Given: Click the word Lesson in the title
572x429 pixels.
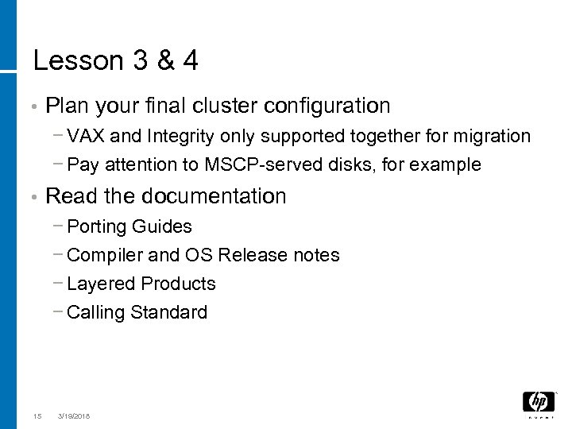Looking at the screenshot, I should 77,62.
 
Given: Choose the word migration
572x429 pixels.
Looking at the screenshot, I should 493,136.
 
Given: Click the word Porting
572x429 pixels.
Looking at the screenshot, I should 97,226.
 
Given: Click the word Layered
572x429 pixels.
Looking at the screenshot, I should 101,284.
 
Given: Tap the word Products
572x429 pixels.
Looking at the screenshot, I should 179,284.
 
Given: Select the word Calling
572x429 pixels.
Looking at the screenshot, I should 97,312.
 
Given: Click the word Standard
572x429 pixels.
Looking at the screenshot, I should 169,312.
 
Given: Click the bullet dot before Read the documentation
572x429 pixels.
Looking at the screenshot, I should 27,197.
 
